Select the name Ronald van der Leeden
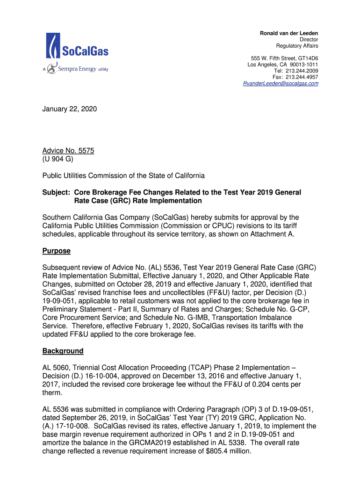(289, 33)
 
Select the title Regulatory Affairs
(297, 46)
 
